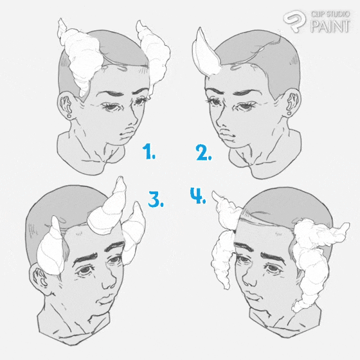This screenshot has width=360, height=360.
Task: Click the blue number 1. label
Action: pyautogui.click(x=148, y=151)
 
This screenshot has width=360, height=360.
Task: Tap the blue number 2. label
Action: pyautogui.click(x=203, y=152)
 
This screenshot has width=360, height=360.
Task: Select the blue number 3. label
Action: pyautogui.click(x=156, y=199)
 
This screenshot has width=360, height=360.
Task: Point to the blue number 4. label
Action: pyautogui.click(x=198, y=195)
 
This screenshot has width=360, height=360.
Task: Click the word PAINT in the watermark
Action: pyautogui.click(x=330, y=26)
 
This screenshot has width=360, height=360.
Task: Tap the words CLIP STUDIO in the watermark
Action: pyautogui.click(x=330, y=14)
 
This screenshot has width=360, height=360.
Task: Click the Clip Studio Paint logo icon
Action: pyautogui.click(x=294, y=21)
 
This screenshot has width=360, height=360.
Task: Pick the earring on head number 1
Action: pyautogui.click(x=69, y=116)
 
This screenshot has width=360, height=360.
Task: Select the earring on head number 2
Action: pyautogui.click(x=289, y=114)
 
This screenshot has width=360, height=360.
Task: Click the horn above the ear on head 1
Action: pyautogui.click(x=80, y=55)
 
